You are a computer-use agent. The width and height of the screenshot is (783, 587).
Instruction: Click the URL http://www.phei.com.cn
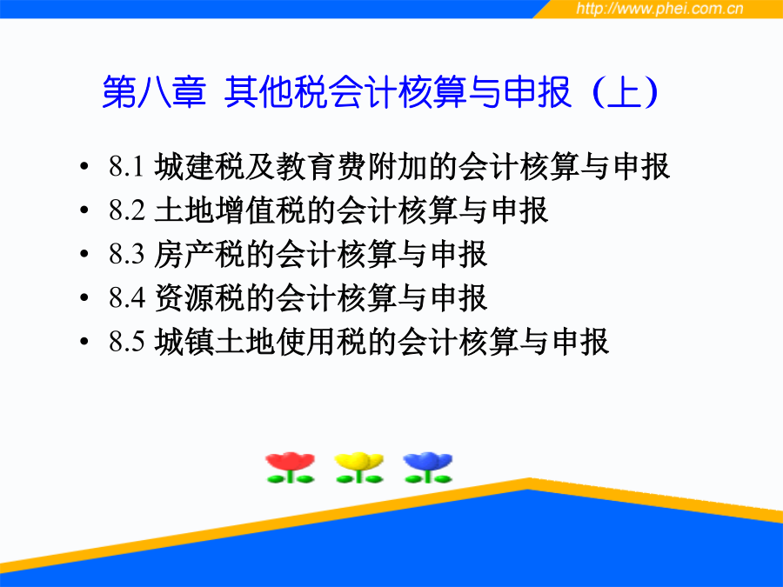coord(659,9)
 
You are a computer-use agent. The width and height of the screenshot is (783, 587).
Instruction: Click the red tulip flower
coord(290,468)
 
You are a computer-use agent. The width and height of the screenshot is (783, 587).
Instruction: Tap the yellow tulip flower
coord(359,468)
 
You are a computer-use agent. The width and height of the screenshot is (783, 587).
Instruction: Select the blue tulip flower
coord(428,468)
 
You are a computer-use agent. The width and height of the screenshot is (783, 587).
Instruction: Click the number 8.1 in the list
coord(127,166)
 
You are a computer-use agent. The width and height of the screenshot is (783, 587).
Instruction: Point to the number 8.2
coord(127,210)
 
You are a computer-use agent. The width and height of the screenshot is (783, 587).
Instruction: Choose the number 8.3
coord(127,254)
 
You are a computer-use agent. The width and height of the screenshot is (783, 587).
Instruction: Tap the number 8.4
coord(127,298)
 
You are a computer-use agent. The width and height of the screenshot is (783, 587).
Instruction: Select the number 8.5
coord(127,342)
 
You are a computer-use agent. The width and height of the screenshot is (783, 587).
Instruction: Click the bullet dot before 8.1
coord(84,166)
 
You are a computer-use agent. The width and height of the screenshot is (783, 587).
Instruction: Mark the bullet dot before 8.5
coord(84,342)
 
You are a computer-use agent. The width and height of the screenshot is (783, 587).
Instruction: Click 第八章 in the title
coord(154,92)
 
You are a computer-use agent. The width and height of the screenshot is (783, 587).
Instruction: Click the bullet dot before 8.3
coord(84,254)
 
